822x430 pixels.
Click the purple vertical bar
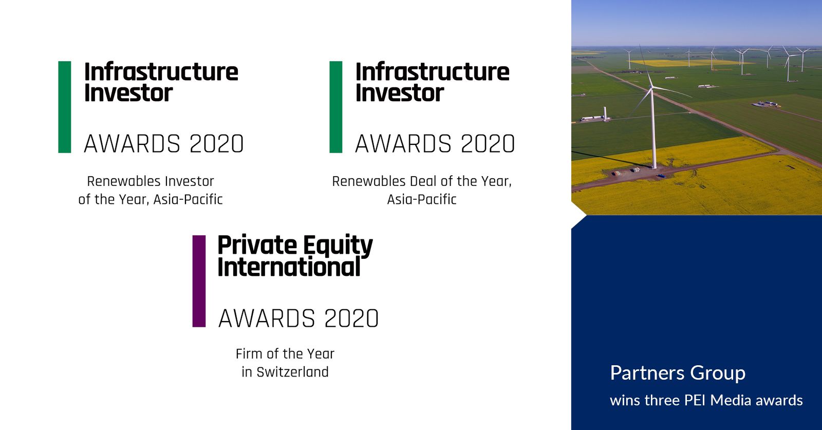tap(199, 281)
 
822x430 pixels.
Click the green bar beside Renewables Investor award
tap(65, 107)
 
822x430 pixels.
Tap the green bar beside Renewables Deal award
tap(336, 107)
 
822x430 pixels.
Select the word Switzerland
tap(292, 372)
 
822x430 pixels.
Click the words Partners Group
tap(678, 373)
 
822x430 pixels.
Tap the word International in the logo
tap(289, 267)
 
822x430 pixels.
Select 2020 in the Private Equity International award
tap(351, 318)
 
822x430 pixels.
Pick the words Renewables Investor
tap(151, 181)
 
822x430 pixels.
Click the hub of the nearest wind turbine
tap(651, 87)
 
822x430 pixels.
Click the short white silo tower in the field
tap(605, 113)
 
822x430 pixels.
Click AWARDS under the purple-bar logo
tap(267, 318)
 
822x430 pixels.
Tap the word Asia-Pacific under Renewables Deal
tap(422, 200)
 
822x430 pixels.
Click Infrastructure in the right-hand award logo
tap(432, 71)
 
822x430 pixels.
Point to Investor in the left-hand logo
tap(128, 93)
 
